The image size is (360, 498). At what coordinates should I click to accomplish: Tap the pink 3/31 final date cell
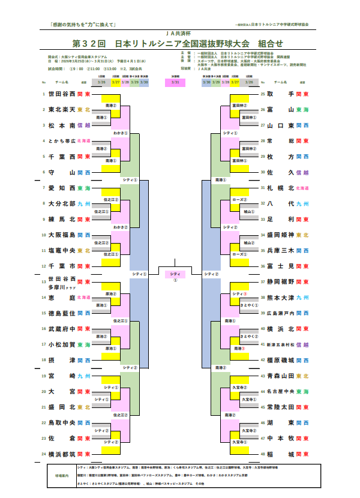(175, 82)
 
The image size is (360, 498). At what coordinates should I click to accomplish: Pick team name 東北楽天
(62, 110)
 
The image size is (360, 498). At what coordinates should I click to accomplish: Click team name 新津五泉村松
(280, 344)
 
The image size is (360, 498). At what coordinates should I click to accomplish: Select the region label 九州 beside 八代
(303, 203)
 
